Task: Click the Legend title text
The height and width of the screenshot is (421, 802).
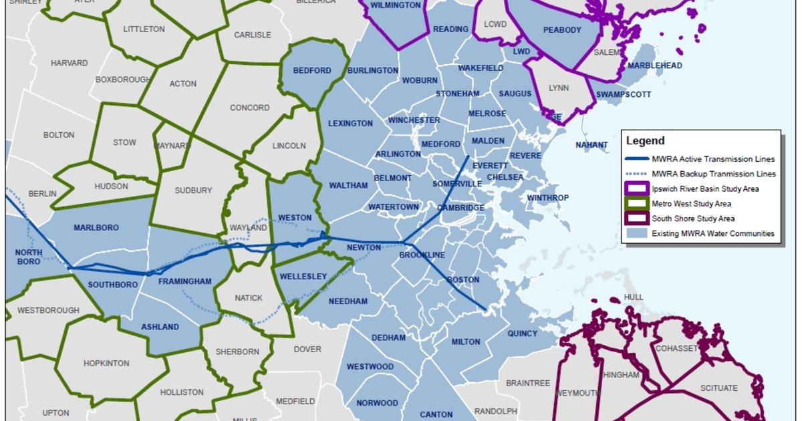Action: pyautogui.click(x=645, y=141)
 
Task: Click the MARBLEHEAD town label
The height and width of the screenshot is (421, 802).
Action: pyautogui.click(x=655, y=65)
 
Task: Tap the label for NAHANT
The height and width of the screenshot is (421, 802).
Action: pyautogui.click(x=591, y=145)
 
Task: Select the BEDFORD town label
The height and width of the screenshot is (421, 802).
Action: pyautogui.click(x=312, y=70)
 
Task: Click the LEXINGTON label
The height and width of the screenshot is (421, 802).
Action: pyautogui.click(x=350, y=124)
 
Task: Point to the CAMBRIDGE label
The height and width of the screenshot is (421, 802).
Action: pyautogui.click(x=460, y=208)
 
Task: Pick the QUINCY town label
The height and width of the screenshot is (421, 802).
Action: pyautogui.click(x=522, y=333)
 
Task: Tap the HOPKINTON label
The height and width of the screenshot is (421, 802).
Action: pyautogui.click(x=106, y=364)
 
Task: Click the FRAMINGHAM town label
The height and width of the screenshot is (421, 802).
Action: pyautogui.click(x=184, y=282)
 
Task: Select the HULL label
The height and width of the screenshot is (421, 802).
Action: pyautogui.click(x=633, y=297)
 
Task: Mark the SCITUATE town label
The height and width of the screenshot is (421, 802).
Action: pyautogui.click(x=718, y=388)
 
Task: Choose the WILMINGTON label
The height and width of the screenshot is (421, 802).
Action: pyautogui.click(x=396, y=5)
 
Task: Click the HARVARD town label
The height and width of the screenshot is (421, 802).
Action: pyautogui.click(x=69, y=63)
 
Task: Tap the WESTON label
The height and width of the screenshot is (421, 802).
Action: pyautogui.click(x=294, y=218)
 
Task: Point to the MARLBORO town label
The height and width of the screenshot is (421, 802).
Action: pyautogui.click(x=96, y=228)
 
